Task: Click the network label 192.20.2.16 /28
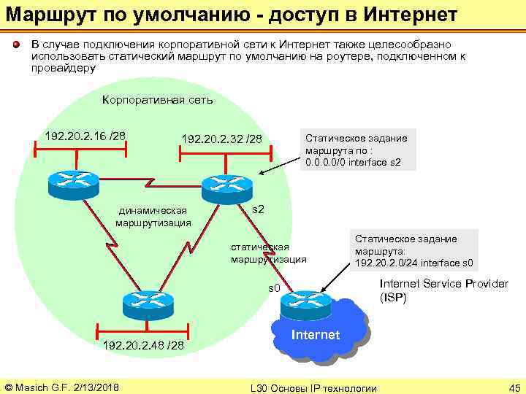point(85,136)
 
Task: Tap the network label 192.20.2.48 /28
point(144,344)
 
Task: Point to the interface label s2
point(258,210)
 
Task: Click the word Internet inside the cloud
point(316,335)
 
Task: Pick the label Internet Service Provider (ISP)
point(443,290)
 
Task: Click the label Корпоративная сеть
point(157,100)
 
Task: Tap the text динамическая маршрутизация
point(153,217)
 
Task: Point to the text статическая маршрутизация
point(268,252)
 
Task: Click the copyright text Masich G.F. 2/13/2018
point(62,386)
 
